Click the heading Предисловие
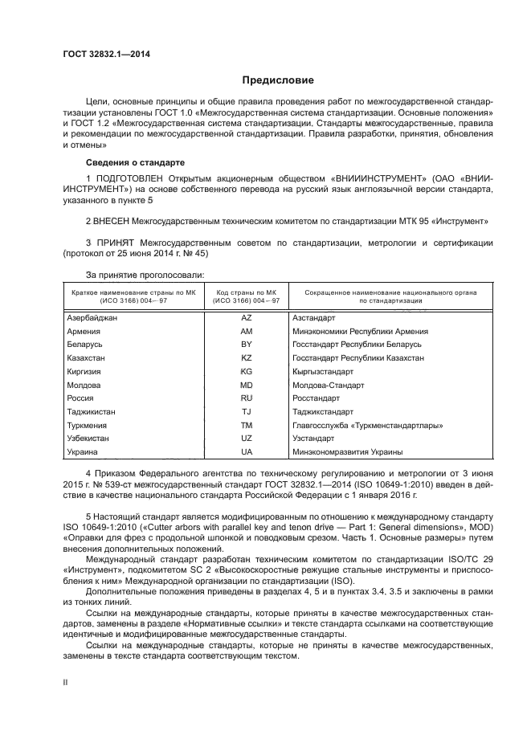278,80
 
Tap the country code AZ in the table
246,318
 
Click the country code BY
246,344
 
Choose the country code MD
246,385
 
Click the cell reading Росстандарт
316,398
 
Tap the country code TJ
246,411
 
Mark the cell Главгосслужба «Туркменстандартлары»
368,425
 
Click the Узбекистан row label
88,439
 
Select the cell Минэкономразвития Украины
347,452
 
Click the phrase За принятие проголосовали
133,276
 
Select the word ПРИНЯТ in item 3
116,242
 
